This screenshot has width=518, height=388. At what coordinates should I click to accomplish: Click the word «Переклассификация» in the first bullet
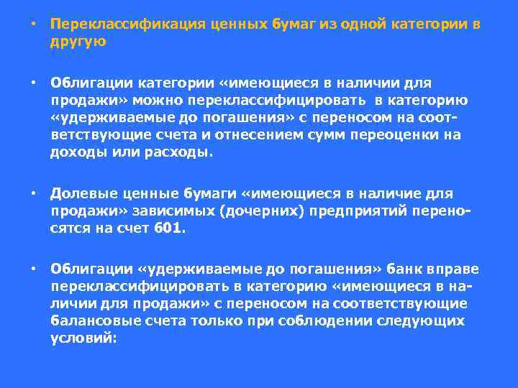[129, 24]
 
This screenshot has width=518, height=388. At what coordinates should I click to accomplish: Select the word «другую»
[78, 41]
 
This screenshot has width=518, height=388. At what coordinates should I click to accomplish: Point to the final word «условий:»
[83, 338]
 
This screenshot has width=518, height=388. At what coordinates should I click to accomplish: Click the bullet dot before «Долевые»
[33, 193]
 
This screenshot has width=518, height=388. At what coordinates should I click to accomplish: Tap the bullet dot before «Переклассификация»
[33, 24]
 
